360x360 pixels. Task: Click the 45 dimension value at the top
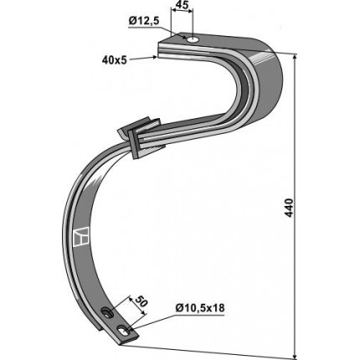coord(182,5)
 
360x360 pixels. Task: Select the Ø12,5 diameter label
coord(144,21)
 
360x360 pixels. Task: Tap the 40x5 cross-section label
coord(115,59)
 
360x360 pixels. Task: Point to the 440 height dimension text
coord(290,208)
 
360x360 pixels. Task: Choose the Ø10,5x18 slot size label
coord(200,308)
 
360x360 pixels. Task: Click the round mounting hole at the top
coord(193,40)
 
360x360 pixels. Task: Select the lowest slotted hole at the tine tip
coord(124,331)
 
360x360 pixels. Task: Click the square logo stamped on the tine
coord(80,237)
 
